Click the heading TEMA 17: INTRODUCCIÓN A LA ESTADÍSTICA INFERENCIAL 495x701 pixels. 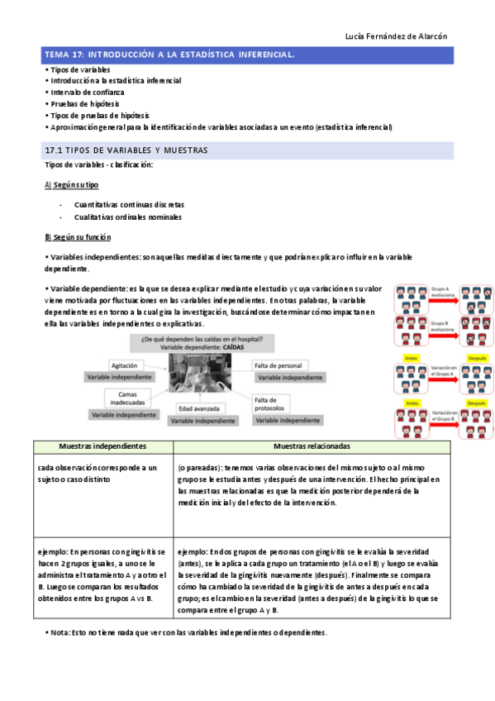pos(169,55)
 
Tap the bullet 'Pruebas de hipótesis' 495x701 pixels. pos(84,104)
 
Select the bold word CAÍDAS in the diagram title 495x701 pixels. pos(236,348)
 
